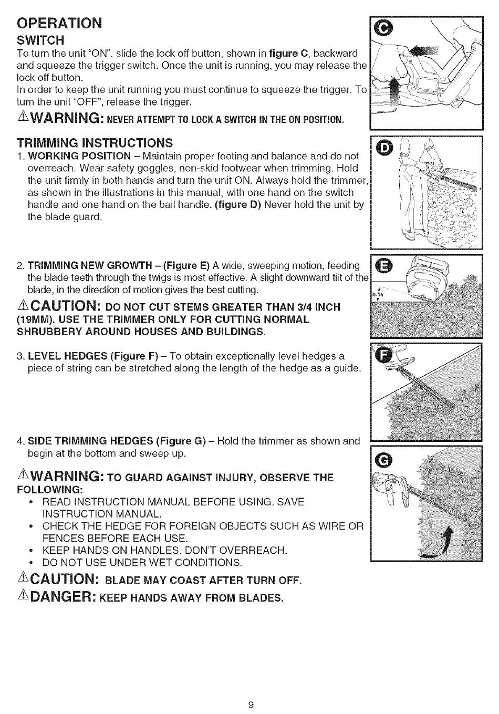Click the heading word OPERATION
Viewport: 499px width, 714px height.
pyautogui.click(x=59, y=24)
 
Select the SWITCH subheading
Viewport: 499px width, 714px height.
pyautogui.click(x=40, y=40)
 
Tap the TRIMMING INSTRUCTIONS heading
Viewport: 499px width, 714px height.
pyautogui.click(x=95, y=143)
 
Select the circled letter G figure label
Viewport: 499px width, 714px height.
pyautogui.click(x=384, y=460)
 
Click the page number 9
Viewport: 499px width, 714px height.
pyautogui.click(x=251, y=704)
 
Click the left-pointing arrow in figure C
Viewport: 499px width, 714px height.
pyautogui.click(x=425, y=50)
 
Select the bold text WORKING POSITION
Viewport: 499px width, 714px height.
pyautogui.click(x=79, y=156)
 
